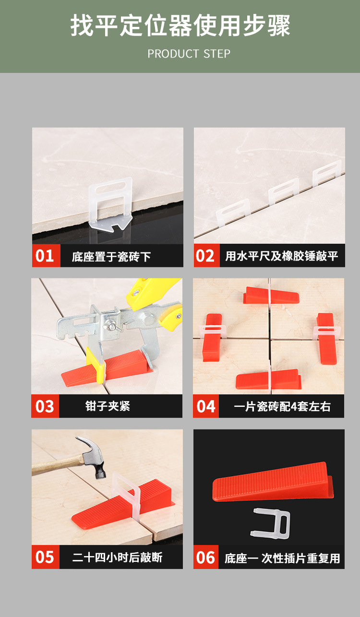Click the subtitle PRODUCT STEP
(x=189, y=54)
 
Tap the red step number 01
(x=45, y=256)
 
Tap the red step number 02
(x=206, y=256)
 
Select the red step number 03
(x=45, y=406)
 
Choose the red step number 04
(x=206, y=406)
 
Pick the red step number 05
(x=45, y=557)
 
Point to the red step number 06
(x=206, y=557)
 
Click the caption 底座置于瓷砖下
(x=111, y=257)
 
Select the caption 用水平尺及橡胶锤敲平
(x=282, y=256)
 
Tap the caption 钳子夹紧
(x=108, y=406)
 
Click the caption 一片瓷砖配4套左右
(x=282, y=407)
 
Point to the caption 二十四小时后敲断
(x=117, y=558)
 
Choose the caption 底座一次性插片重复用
(x=282, y=558)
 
